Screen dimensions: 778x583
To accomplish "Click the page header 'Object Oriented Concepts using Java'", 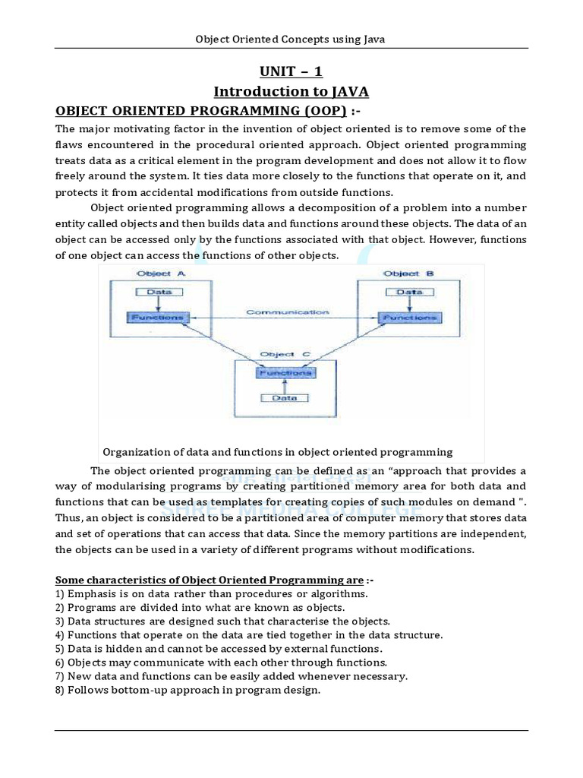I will click(x=291, y=39).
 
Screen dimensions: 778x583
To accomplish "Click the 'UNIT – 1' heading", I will click(x=291, y=71).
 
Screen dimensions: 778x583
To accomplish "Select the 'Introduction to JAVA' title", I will click(x=291, y=92).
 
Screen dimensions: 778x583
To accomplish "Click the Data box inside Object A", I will click(x=159, y=292).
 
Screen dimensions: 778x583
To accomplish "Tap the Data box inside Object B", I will click(x=409, y=292).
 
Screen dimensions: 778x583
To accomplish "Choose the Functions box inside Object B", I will click(x=409, y=316).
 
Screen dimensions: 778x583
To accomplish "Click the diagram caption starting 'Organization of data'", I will click(x=277, y=451).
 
